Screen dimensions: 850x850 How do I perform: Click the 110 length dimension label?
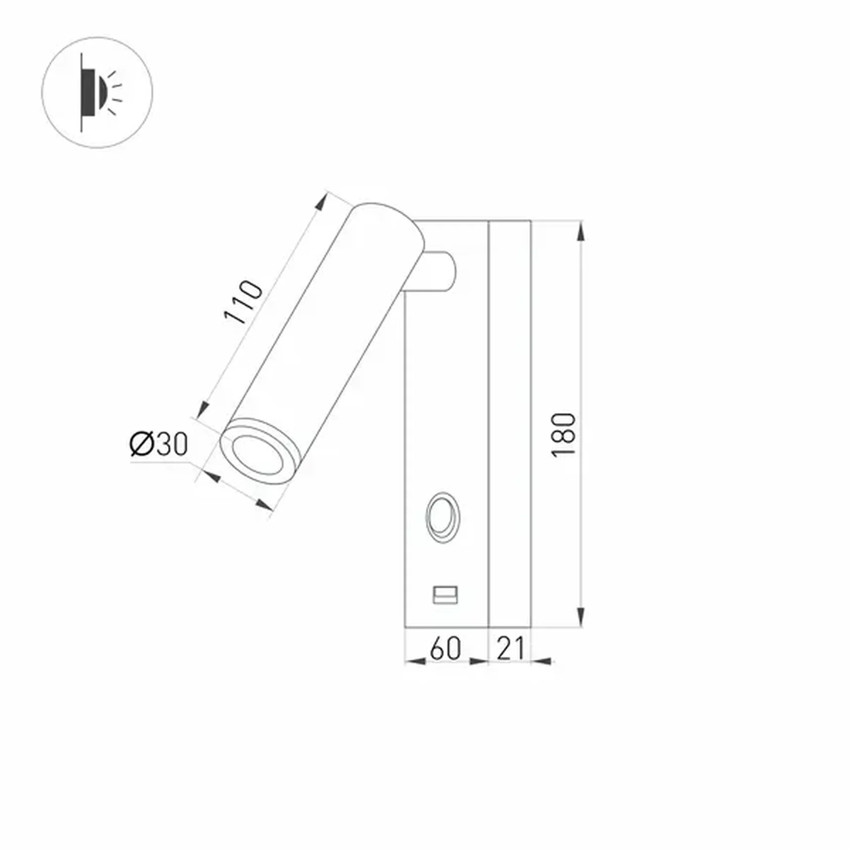(243, 302)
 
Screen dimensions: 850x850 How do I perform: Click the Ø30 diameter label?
(159, 443)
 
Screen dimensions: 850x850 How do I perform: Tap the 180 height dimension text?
(563, 434)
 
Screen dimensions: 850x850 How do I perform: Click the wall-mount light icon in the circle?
(97, 92)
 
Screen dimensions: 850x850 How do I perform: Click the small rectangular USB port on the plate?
(445, 595)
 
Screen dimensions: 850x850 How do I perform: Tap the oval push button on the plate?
(443, 517)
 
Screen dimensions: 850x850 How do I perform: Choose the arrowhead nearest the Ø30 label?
(212, 476)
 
